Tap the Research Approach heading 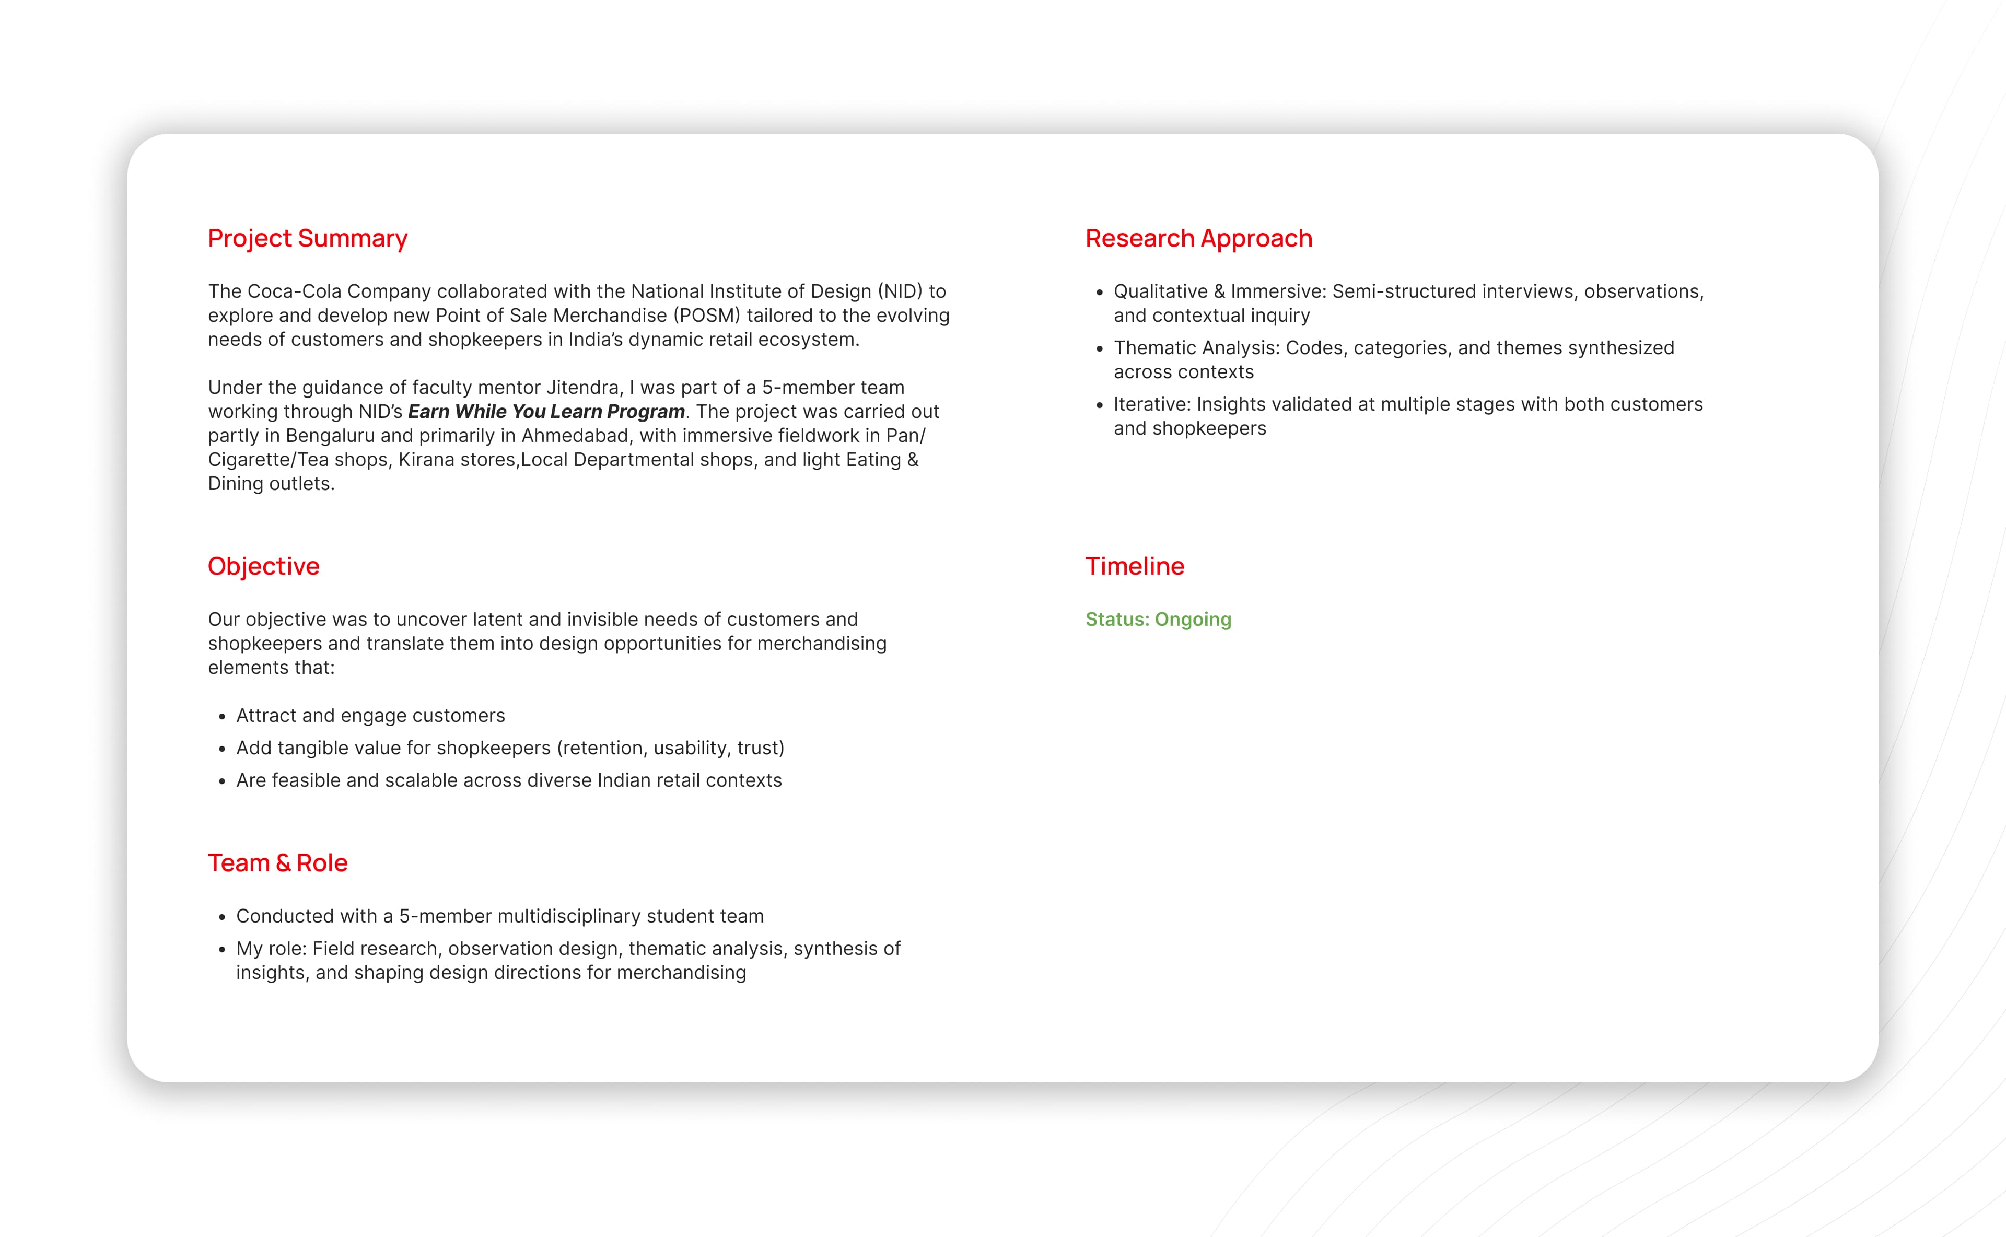[x=1198, y=238]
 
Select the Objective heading [x=263, y=566]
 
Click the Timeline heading [x=1134, y=566]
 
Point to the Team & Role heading [x=277, y=863]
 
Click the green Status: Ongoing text [x=1158, y=620]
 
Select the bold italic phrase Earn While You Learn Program [x=546, y=412]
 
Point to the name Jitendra [x=584, y=388]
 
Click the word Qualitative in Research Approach [x=1160, y=291]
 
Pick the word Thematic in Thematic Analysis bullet [x=1154, y=348]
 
